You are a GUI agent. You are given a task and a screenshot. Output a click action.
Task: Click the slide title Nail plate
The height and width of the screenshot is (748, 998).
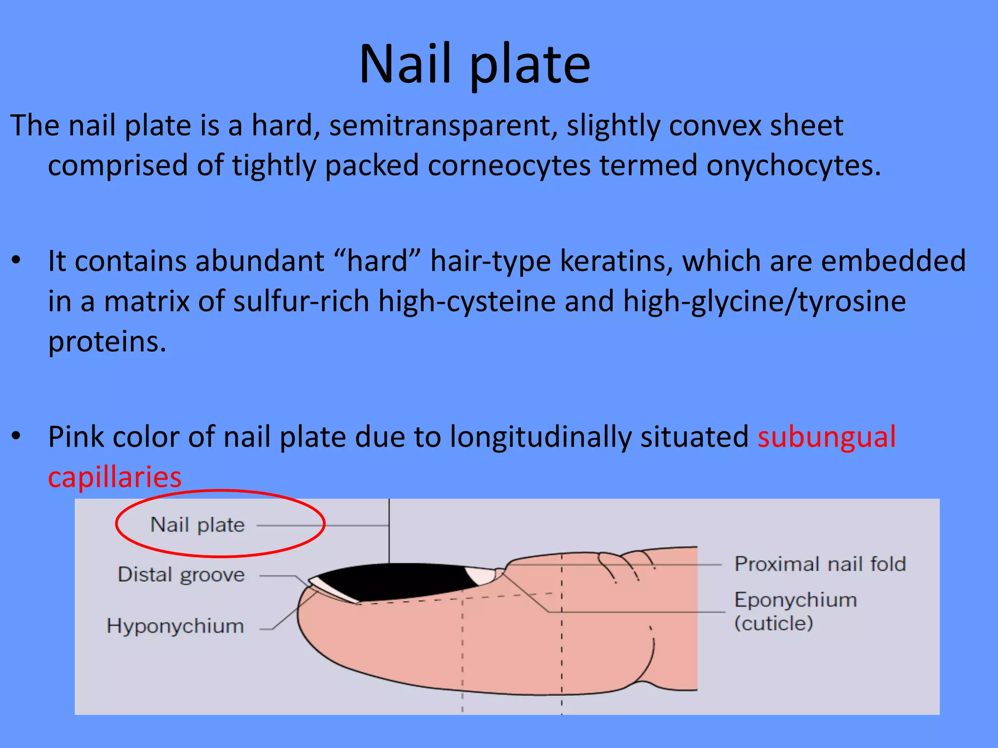click(475, 64)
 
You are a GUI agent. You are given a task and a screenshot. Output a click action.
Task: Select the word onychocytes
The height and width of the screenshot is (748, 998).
click(793, 166)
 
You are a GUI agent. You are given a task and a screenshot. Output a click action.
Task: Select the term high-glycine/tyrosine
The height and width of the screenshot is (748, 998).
click(765, 301)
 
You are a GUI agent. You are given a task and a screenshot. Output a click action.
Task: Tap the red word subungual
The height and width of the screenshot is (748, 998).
click(826, 436)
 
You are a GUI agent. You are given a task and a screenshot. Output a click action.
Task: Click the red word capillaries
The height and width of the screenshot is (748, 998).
click(115, 477)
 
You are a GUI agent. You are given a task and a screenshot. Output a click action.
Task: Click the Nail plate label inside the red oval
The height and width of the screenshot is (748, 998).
click(197, 525)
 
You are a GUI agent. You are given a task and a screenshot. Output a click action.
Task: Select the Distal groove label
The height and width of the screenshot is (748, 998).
click(181, 575)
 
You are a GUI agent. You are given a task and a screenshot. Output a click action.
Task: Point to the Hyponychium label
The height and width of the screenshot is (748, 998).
click(175, 626)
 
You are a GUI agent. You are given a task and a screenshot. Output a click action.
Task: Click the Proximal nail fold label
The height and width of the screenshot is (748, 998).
click(820, 564)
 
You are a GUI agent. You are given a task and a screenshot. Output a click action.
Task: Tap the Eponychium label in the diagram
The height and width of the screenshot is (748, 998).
click(795, 600)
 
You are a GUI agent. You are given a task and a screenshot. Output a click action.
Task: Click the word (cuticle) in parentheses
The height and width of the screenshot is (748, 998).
click(773, 623)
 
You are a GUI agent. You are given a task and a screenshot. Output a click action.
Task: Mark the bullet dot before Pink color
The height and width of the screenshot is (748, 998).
click(17, 436)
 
